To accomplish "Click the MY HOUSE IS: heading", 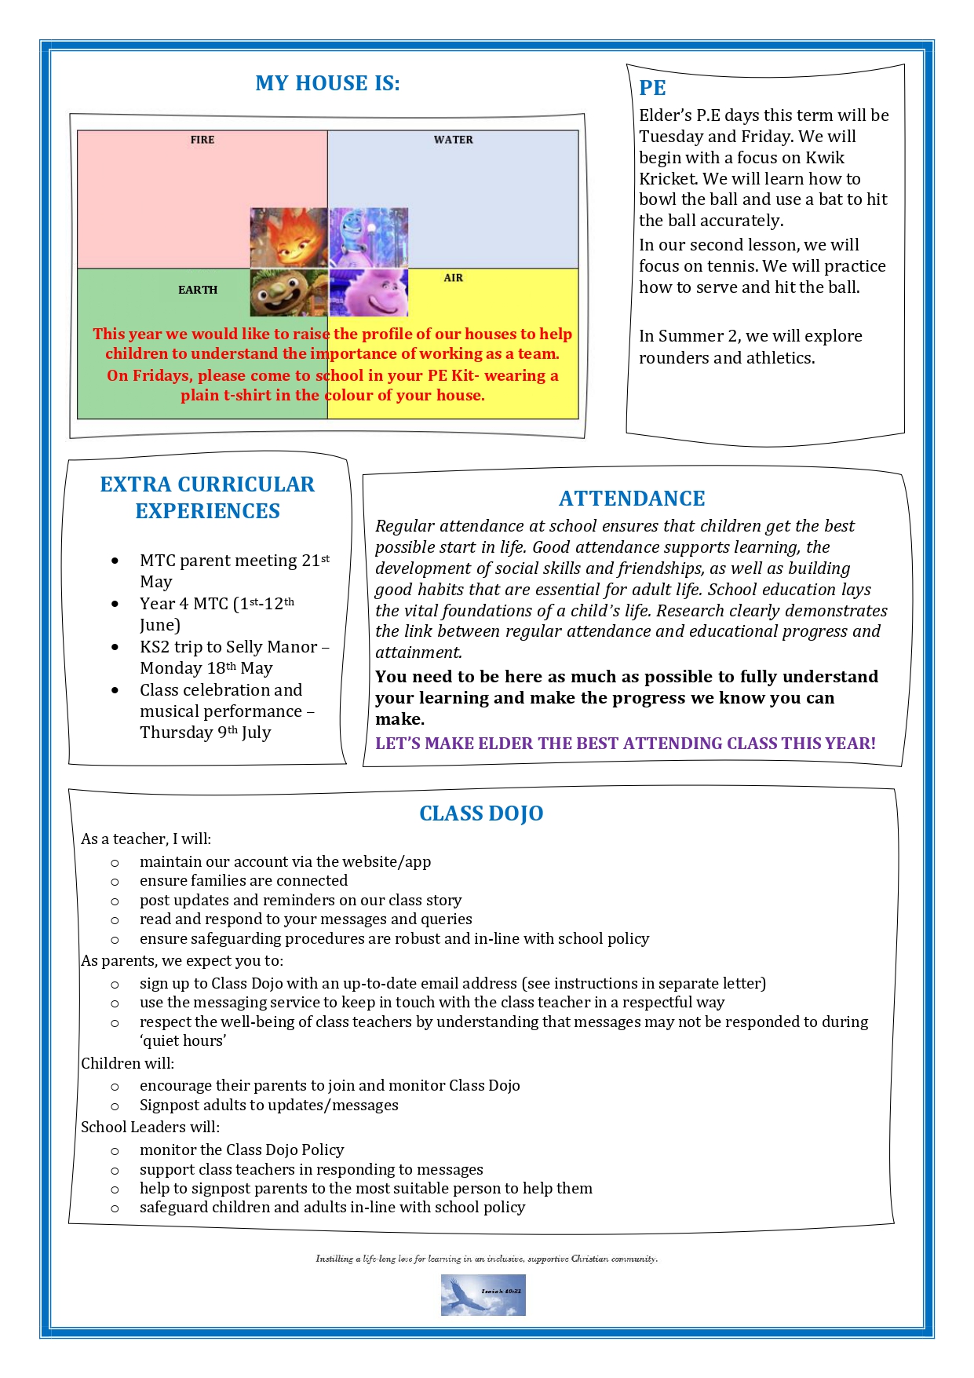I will tap(327, 83).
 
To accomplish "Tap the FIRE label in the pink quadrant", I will tap(202, 140).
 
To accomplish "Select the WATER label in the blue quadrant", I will tap(453, 140).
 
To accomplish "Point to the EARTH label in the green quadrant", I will tap(198, 290).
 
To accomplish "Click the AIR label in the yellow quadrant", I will tap(453, 278).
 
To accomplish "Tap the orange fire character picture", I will tap(289, 238).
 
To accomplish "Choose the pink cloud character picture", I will tap(369, 292).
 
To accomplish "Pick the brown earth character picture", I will tap(289, 292).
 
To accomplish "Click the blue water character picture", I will tap(369, 238).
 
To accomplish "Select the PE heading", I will tap(652, 88).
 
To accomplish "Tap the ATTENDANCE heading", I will tap(632, 499).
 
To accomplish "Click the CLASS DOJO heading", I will tap(481, 813).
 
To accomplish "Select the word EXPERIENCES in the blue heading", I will tap(207, 511).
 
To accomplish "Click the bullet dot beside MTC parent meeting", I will tap(115, 561).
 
